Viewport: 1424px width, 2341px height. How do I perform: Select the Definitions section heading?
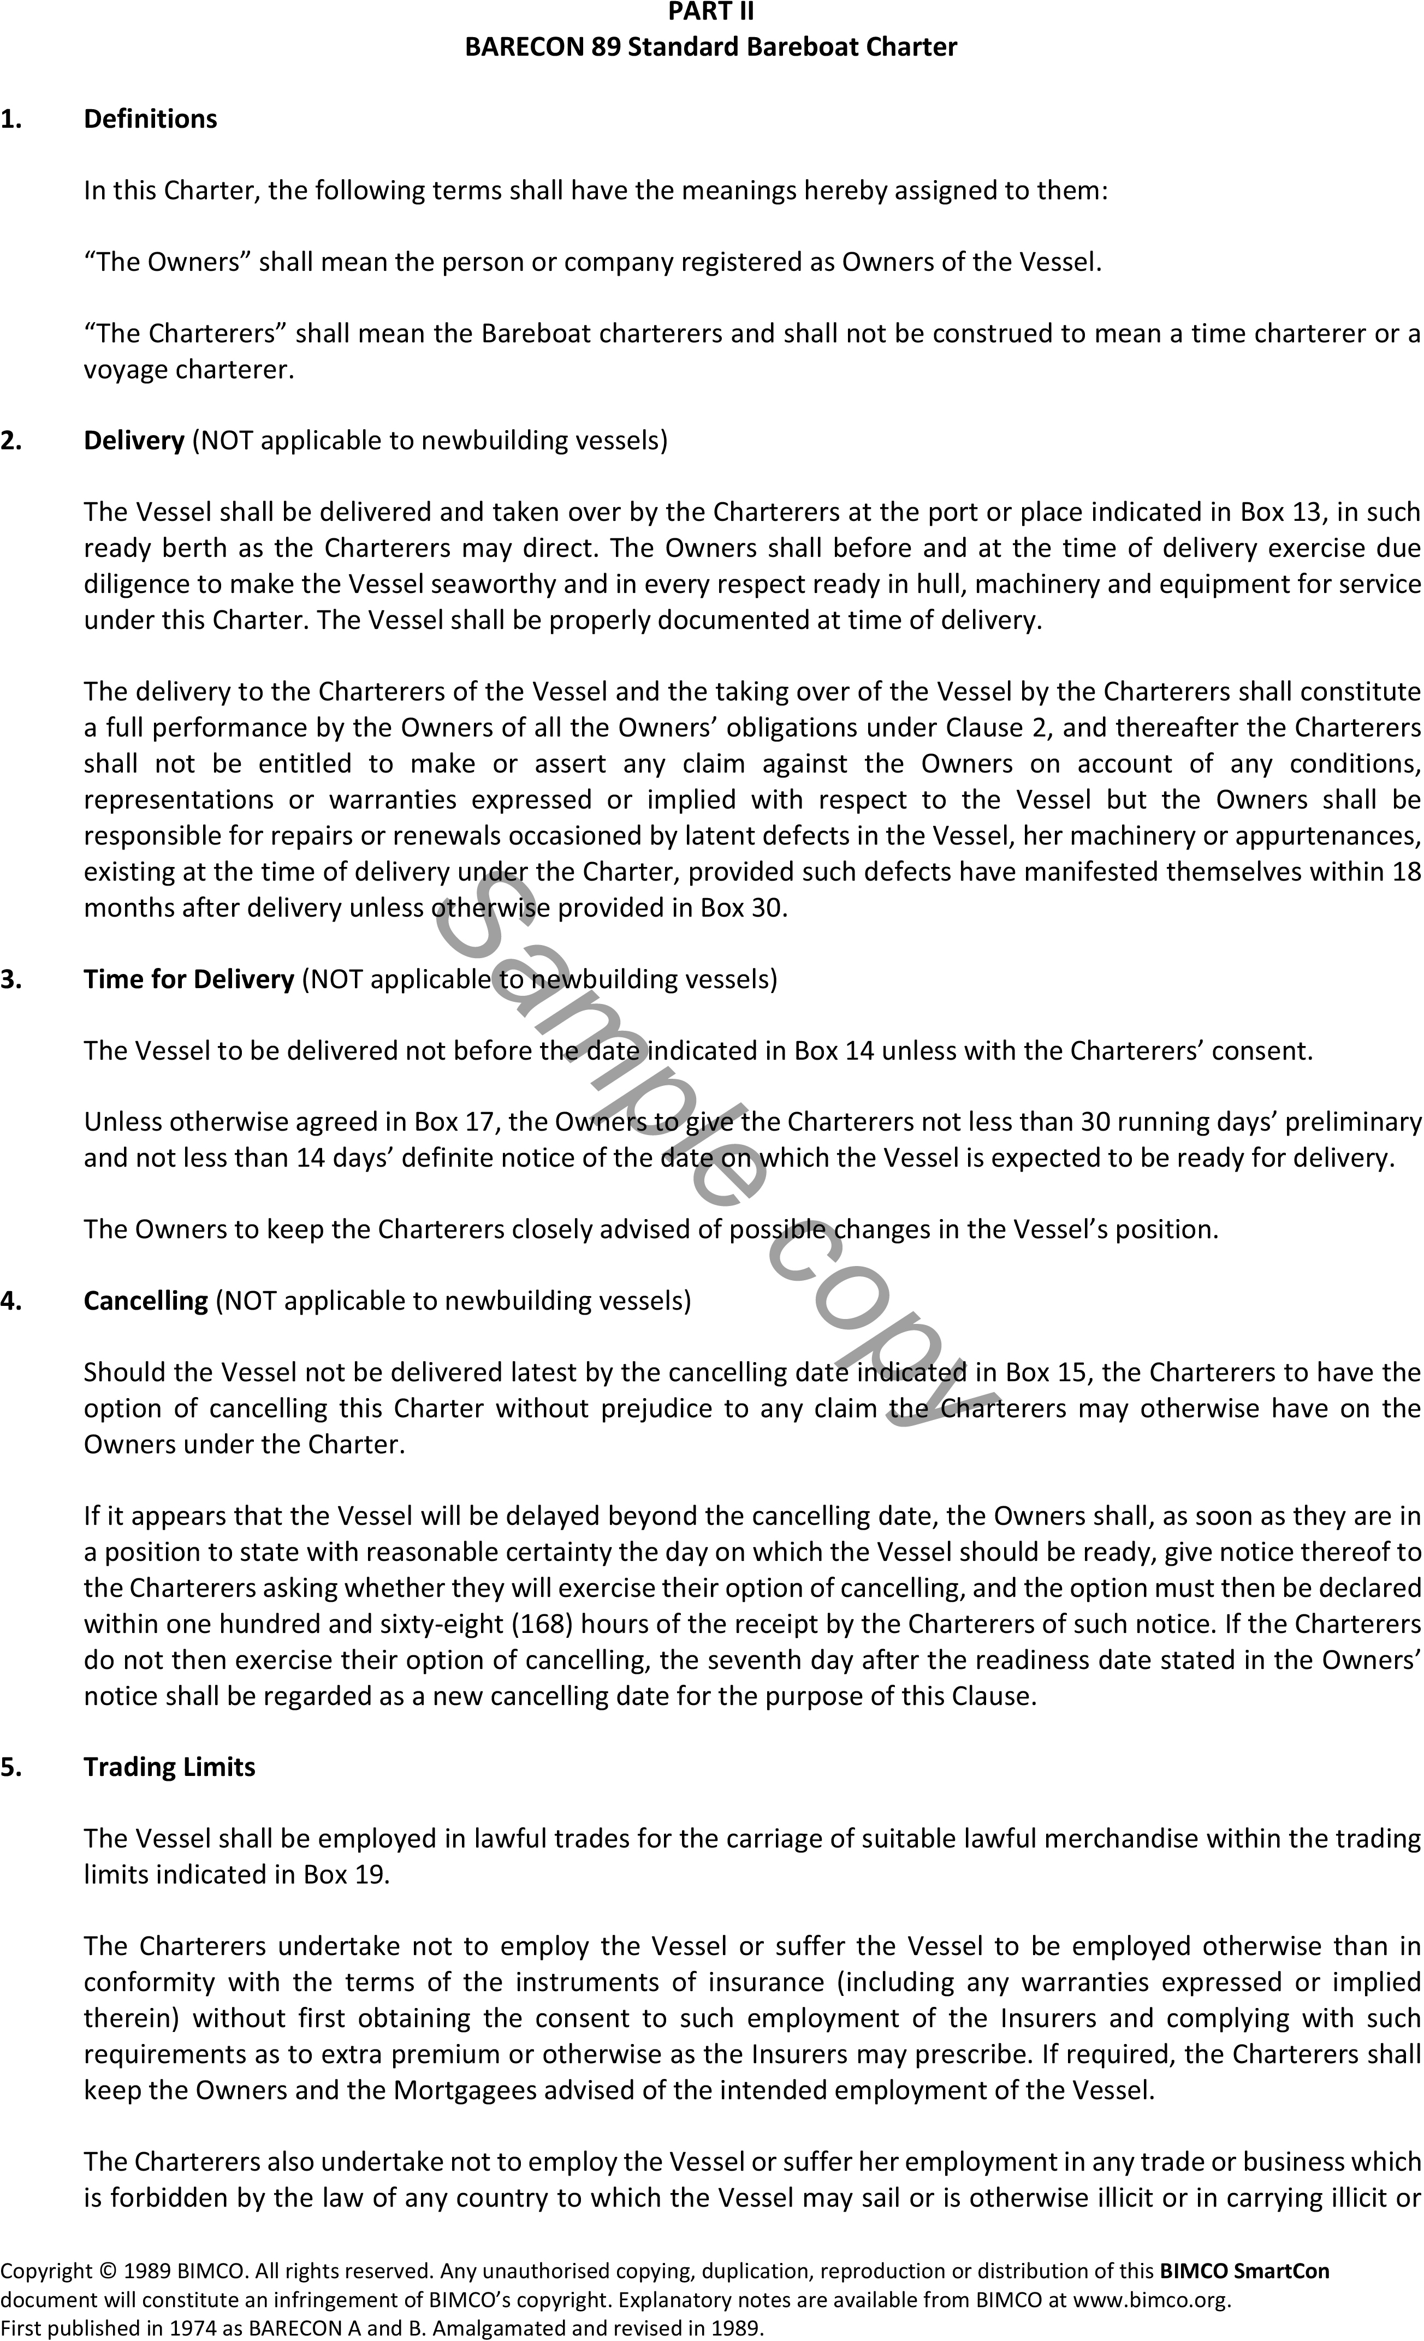click(x=150, y=119)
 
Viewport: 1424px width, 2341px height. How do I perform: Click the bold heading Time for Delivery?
click(x=189, y=979)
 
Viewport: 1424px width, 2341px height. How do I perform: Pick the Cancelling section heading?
click(x=145, y=1300)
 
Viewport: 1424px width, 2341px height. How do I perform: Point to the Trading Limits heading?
click(x=169, y=1767)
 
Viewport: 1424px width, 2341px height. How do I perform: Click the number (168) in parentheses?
click(x=542, y=1625)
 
